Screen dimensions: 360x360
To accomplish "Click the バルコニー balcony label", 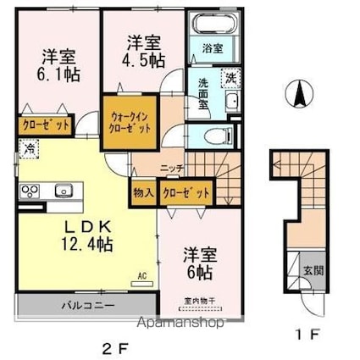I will click(81, 303).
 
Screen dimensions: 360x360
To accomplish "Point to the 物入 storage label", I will click(143, 193).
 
